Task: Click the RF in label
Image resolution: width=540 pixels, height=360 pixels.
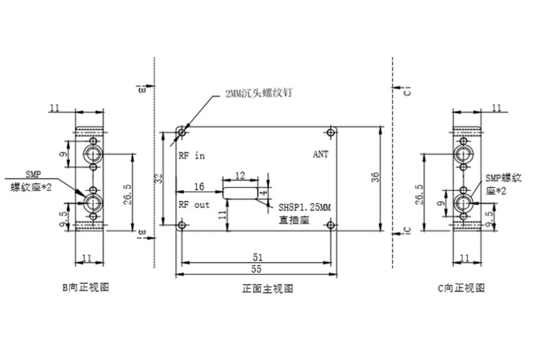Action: (x=192, y=155)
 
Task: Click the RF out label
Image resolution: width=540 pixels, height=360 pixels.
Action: (x=194, y=204)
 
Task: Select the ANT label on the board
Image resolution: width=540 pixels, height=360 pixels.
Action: (x=320, y=154)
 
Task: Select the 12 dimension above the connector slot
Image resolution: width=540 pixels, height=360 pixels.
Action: (x=240, y=175)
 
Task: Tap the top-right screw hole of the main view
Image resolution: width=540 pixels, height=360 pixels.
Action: (x=330, y=132)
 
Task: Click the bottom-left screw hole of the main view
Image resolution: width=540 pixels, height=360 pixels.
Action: (x=181, y=225)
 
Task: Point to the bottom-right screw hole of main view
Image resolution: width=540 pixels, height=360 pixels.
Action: (x=330, y=225)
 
